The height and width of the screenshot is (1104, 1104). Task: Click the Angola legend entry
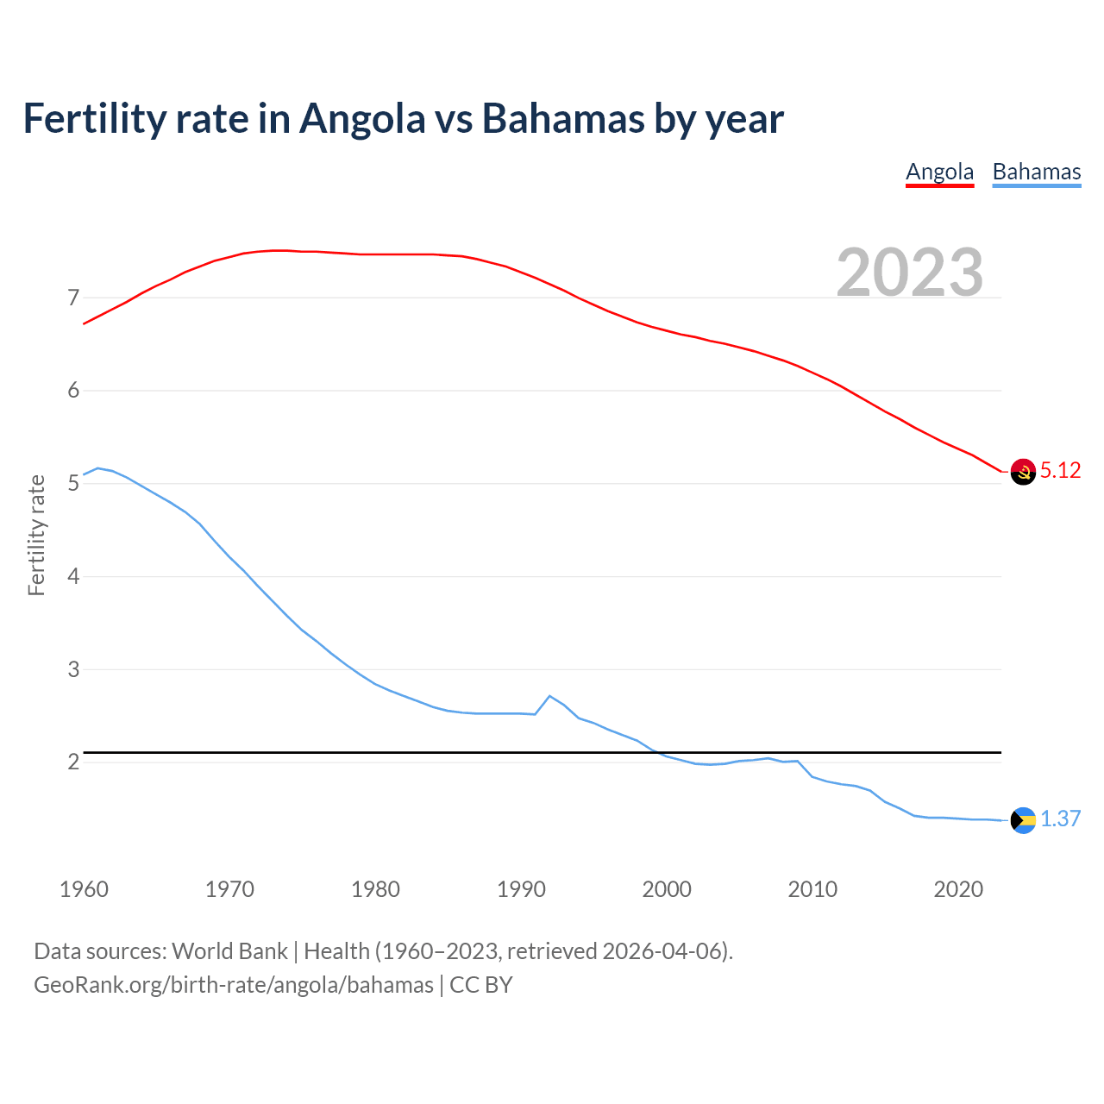[939, 172]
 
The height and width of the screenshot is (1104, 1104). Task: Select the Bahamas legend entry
[1036, 172]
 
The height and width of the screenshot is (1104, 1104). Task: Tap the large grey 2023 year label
[909, 273]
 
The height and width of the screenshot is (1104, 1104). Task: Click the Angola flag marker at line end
[1023, 472]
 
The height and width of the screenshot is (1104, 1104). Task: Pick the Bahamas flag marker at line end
[1023, 820]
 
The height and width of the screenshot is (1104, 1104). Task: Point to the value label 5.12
[1060, 471]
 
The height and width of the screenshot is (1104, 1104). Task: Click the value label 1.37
[1060, 819]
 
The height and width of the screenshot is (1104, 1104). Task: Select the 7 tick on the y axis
[73, 298]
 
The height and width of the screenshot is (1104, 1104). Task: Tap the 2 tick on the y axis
[73, 762]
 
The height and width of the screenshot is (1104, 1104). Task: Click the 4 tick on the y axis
[73, 576]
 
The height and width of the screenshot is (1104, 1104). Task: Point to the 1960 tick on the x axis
[84, 889]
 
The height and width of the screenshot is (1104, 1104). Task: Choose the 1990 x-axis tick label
[521, 889]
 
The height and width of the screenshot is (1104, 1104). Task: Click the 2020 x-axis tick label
[958, 889]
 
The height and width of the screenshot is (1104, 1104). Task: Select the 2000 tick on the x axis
[667, 889]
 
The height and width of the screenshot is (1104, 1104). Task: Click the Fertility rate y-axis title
[36, 535]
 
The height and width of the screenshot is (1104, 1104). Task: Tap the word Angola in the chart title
[362, 118]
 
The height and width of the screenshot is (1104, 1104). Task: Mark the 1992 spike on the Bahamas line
[549, 696]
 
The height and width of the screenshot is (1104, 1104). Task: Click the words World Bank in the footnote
[229, 951]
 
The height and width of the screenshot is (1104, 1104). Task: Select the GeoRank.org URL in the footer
[233, 985]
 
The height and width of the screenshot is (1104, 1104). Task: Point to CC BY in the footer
[481, 985]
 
